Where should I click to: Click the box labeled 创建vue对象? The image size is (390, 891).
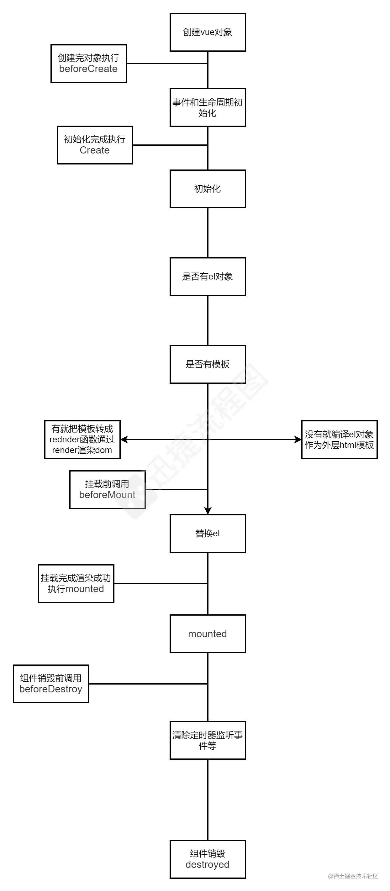coord(208,33)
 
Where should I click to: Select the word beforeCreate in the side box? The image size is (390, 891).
coord(88,69)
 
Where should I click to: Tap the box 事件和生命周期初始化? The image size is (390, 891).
coord(208,107)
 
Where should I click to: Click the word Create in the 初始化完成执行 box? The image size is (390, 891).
coord(94,150)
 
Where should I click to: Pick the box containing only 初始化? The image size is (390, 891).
coord(208,189)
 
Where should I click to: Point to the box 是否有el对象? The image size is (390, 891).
coord(208,277)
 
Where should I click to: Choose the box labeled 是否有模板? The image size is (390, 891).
coord(208,364)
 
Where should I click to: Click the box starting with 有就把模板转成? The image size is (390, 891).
coord(82,440)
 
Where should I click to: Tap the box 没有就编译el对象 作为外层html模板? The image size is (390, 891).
coord(339,440)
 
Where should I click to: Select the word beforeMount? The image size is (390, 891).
coord(107,495)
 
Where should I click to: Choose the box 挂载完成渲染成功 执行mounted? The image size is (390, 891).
coord(76,584)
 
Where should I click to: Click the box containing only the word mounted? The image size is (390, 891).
coord(208,634)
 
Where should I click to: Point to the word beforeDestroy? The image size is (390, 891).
coord(51,689)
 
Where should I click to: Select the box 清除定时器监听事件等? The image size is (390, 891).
coord(208,740)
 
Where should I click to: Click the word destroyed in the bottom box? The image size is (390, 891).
coord(208,864)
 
